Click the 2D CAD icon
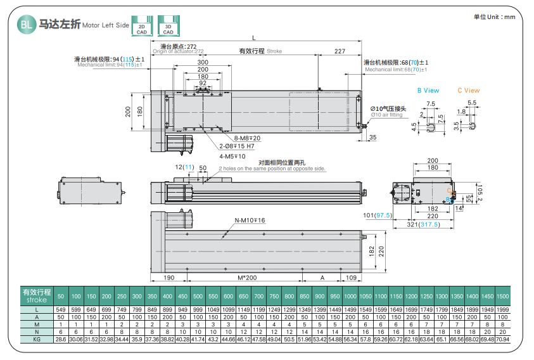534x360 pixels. coord(142,25)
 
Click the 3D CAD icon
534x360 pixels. coord(168,25)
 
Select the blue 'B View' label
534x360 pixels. coord(428,91)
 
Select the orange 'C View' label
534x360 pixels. coord(469,91)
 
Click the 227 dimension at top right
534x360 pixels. coord(340,51)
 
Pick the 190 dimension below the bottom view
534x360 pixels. coord(168,278)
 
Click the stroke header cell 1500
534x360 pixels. coord(503,296)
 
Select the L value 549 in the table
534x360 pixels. coord(61,309)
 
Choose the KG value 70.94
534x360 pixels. coord(503,339)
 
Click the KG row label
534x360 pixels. coord(37,339)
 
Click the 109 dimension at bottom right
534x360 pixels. coord(351,278)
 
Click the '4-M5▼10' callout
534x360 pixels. coord(232,156)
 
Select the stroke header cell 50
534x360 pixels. coord(61,296)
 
